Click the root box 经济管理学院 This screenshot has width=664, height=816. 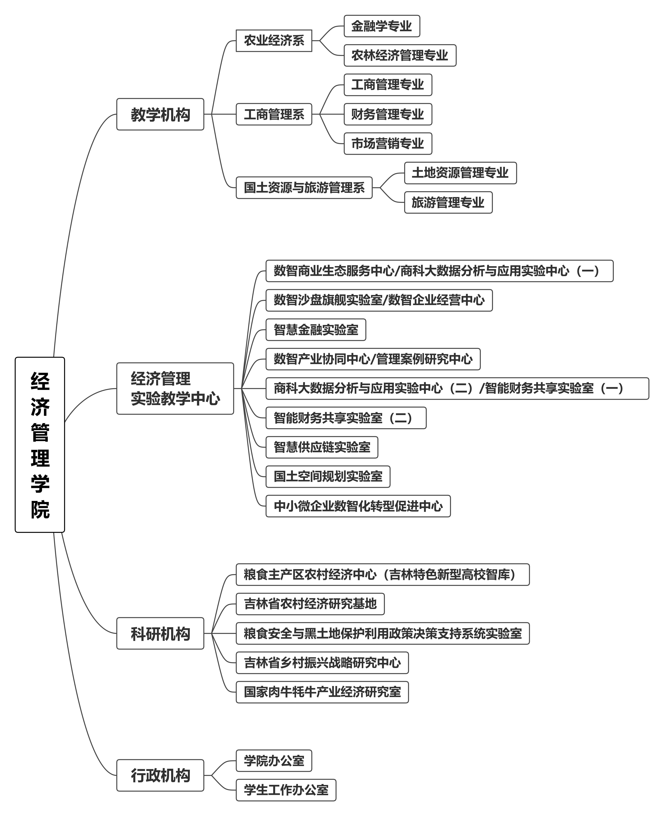click(40, 445)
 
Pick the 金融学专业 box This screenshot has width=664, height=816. click(382, 26)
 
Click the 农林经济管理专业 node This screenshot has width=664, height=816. click(400, 55)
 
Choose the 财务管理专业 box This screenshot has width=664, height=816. click(388, 114)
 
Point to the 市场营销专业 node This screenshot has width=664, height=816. click(388, 143)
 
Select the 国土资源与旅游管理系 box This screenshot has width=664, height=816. click(304, 187)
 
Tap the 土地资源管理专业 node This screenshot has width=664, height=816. click(460, 173)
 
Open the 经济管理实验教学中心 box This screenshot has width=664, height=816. click(175, 388)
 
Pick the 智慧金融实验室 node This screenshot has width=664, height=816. click(316, 329)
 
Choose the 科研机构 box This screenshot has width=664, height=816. click(160, 633)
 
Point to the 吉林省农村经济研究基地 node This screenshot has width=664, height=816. click(310, 604)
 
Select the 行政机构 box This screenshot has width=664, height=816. click(160, 775)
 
